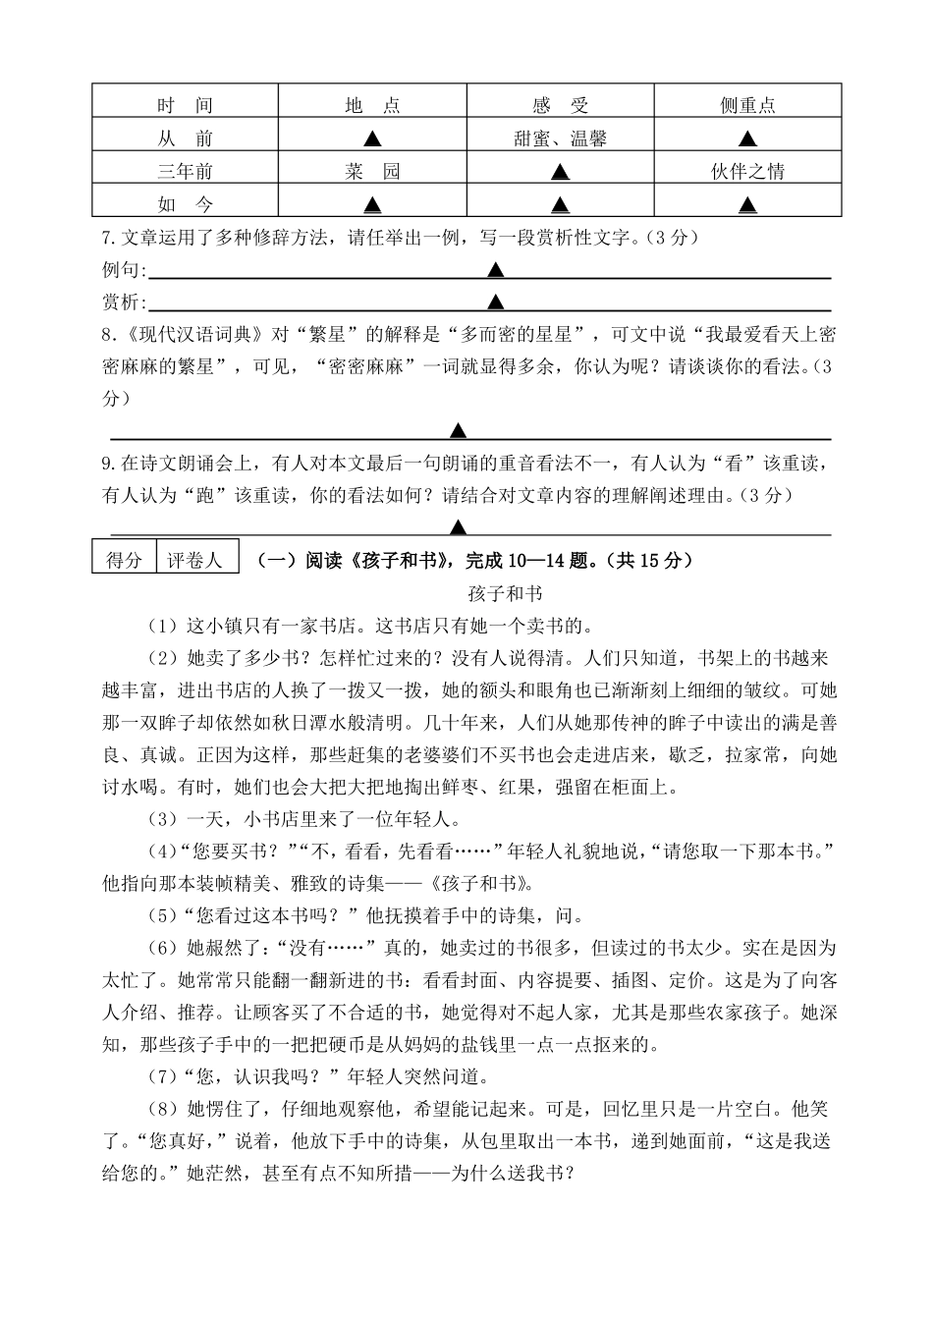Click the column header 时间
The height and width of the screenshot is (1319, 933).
pos(185,105)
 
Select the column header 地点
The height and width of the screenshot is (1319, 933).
pos(372,105)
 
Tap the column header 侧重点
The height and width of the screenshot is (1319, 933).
pos(747,105)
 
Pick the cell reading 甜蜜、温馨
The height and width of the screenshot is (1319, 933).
pos(560,138)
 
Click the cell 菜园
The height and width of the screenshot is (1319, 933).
pos(372,172)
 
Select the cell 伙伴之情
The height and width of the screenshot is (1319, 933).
pos(747,172)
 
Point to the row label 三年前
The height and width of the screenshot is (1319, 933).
pos(185,172)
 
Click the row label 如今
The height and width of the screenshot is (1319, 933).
pos(185,205)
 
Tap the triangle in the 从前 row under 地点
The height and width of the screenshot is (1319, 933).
pos(372,138)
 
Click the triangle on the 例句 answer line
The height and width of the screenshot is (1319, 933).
pos(496,269)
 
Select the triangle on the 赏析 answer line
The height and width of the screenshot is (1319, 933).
pos(496,302)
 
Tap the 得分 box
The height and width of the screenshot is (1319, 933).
pos(124,561)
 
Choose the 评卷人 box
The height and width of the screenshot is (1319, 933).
pos(194,561)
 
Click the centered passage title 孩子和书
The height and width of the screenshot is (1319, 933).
pos(506,593)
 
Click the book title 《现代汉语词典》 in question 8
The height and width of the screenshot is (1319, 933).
pos(195,334)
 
